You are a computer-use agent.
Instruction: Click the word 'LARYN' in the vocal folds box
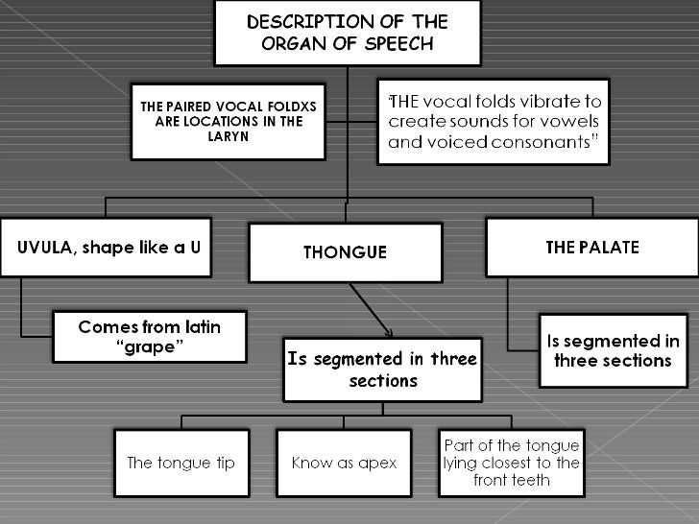point(228,136)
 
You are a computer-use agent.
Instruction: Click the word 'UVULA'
point(44,248)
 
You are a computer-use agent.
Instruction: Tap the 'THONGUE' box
point(345,252)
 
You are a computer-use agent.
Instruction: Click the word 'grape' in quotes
point(149,347)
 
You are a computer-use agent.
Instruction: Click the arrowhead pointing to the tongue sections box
point(388,333)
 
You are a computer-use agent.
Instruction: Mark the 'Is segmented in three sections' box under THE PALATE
point(613,351)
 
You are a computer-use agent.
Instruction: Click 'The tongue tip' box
point(181,463)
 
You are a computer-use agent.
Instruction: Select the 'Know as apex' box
point(345,463)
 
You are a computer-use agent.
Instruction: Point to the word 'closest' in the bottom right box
point(515,463)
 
